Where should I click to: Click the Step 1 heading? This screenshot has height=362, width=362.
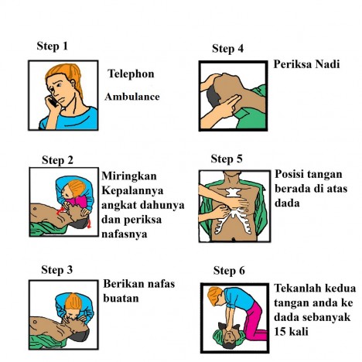[53, 46]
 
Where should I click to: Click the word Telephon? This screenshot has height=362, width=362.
[131, 74]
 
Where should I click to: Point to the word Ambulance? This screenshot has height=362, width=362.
[133, 97]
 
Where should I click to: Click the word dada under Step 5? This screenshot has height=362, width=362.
[286, 204]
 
